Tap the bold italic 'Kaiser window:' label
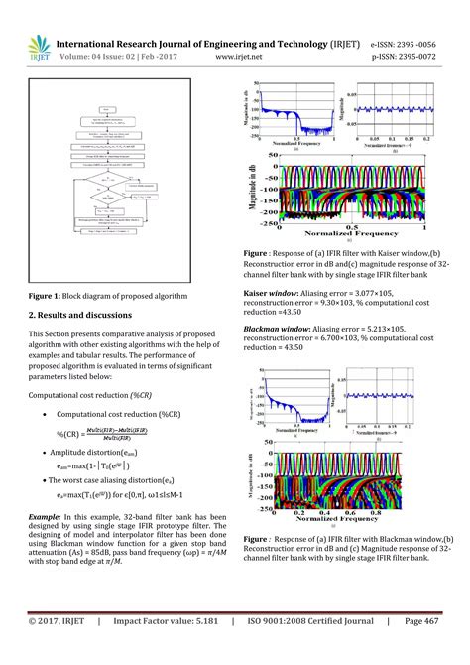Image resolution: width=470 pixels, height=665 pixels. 271,293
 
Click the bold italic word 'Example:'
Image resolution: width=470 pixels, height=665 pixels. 48,517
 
